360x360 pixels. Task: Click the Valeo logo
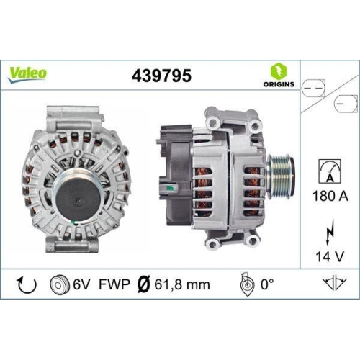click(28, 73)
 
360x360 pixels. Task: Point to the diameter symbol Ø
click(142, 284)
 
